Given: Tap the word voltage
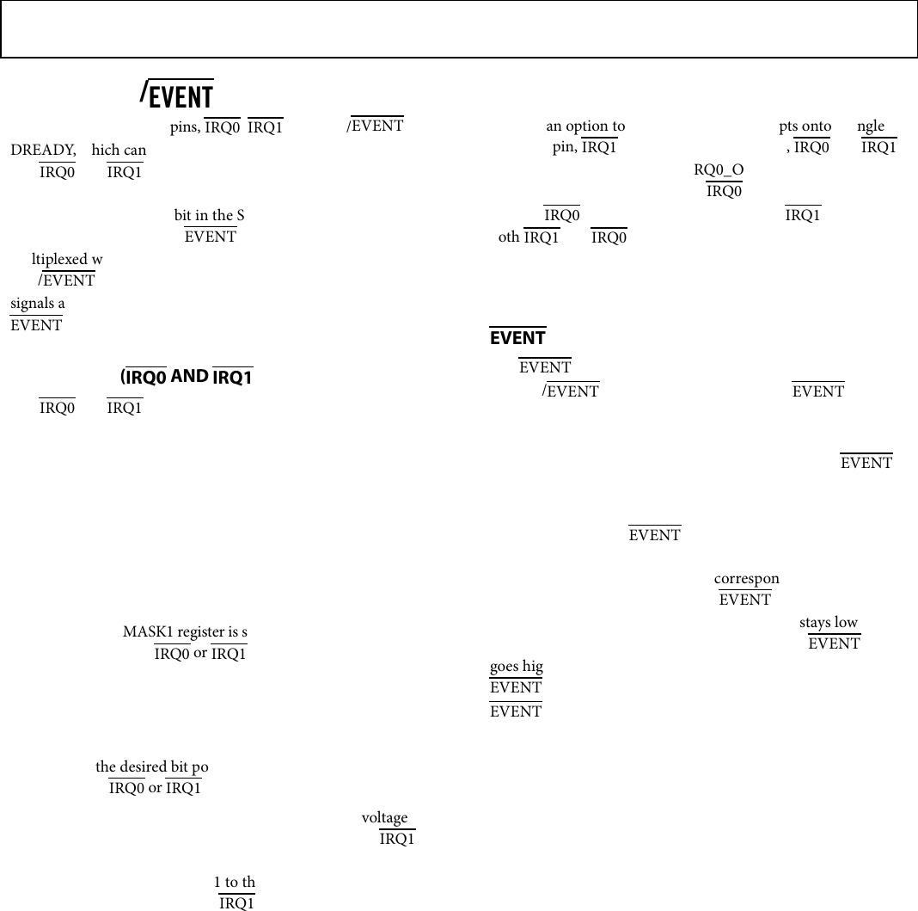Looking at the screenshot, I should [x=384, y=818].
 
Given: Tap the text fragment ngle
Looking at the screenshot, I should [x=871, y=126].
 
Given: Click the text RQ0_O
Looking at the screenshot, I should [x=719, y=169].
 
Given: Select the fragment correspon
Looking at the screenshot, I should [x=746, y=579].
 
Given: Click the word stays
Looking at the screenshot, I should [x=816, y=622].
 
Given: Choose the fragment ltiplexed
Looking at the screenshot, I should [x=59, y=259].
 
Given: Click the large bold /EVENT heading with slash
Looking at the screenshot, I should [x=177, y=95].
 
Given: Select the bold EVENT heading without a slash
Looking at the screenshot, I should [x=517, y=337].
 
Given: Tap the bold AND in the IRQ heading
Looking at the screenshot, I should [x=189, y=375].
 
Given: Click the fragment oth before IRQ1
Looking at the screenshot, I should [x=509, y=237].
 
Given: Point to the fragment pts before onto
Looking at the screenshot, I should [x=789, y=126].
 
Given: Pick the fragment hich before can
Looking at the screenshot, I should [x=107, y=151].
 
